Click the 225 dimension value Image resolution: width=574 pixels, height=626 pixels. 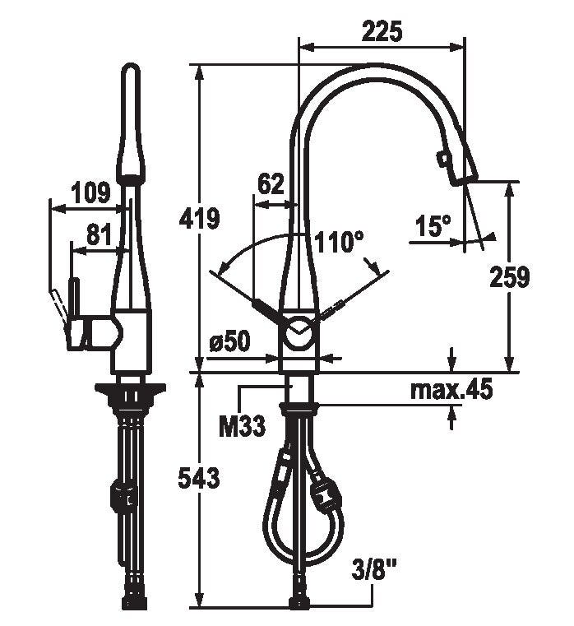pos(382,32)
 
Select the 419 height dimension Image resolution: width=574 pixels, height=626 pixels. pos(199,218)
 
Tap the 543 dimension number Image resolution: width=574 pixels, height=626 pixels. pos(199,477)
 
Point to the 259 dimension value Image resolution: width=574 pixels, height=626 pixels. pos(509,276)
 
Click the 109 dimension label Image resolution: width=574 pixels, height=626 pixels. pos(90,192)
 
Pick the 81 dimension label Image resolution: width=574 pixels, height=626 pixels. pos(99,234)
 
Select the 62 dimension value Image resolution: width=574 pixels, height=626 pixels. pos(271,184)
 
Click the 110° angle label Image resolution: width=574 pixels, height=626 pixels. pos(339,242)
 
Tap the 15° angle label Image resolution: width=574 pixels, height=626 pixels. pos(433,225)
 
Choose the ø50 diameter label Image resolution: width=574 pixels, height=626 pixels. pos(229,341)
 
